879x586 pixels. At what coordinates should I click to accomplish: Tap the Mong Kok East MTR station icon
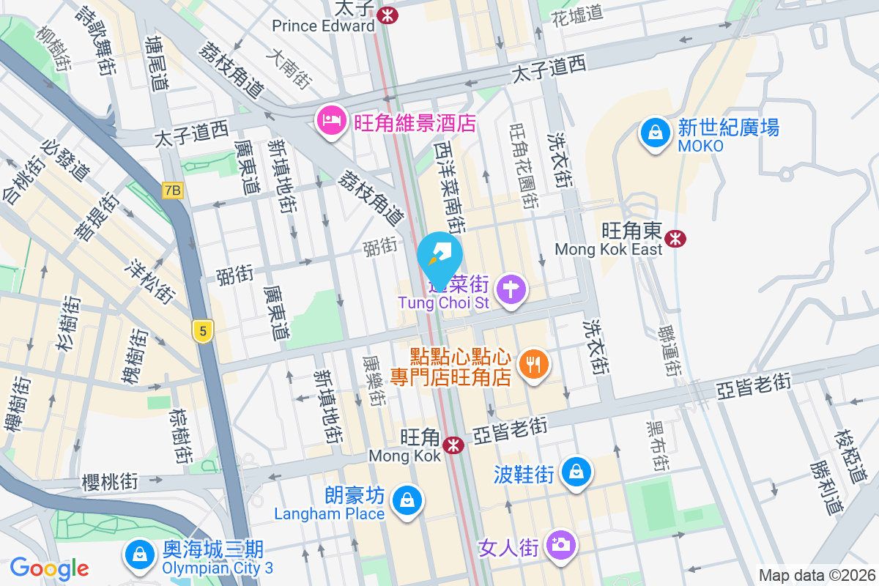675,237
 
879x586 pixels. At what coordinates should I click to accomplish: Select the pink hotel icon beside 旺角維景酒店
331,120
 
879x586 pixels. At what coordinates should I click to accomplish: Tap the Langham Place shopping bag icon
404,502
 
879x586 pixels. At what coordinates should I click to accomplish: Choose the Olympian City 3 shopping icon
138,555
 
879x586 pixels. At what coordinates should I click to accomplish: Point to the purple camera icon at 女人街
561,544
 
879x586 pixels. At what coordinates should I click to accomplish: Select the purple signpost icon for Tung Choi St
511,289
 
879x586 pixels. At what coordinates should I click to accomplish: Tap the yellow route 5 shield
203,332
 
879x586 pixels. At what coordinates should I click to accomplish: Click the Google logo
49,568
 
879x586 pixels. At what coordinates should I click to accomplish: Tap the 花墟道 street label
577,13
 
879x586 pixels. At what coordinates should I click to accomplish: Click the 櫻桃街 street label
110,481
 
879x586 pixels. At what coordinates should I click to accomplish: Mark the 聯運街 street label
670,350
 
